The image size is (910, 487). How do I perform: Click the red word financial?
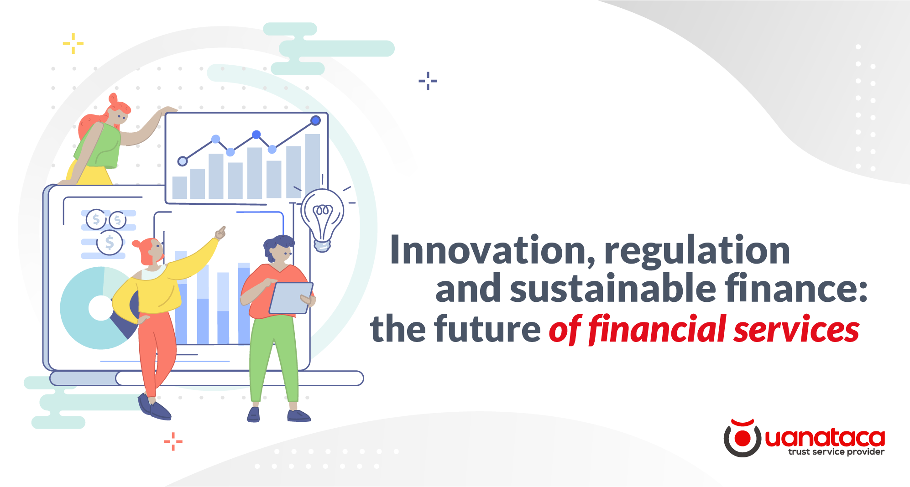pyautogui.click(x=657, y=329)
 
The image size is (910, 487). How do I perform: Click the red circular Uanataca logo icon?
pyautogui.click(x=742, y=438)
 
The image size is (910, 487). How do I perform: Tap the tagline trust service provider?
pyautogui.click(x=836, y=452)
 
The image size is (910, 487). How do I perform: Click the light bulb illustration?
pyautogui.click(x=322, y=217)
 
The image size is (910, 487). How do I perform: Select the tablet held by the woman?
pyautogui.click(x=291, y=298)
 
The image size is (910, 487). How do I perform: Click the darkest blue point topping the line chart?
pyautogui.click(x=315, y=120)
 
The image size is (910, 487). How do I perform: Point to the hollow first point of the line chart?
pyautogui.click(x=183, y=161)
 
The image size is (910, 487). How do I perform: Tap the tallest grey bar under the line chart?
pyautogui.click(x=313, y=164)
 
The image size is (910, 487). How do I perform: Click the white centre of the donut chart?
pyautogui.click(x=100, y=308)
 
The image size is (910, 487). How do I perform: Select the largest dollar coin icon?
pyautogui.click(x=110, y=242)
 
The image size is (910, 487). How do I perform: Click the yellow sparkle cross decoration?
pyautogui.click(x=73, y=43)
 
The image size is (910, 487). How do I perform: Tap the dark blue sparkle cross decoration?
pyautogui.click(x=428, y=81)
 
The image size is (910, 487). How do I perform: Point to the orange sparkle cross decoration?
pyautogui.click(x=173, y=441)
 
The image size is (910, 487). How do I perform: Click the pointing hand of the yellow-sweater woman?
pyautogui.click(x=221, y=233)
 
